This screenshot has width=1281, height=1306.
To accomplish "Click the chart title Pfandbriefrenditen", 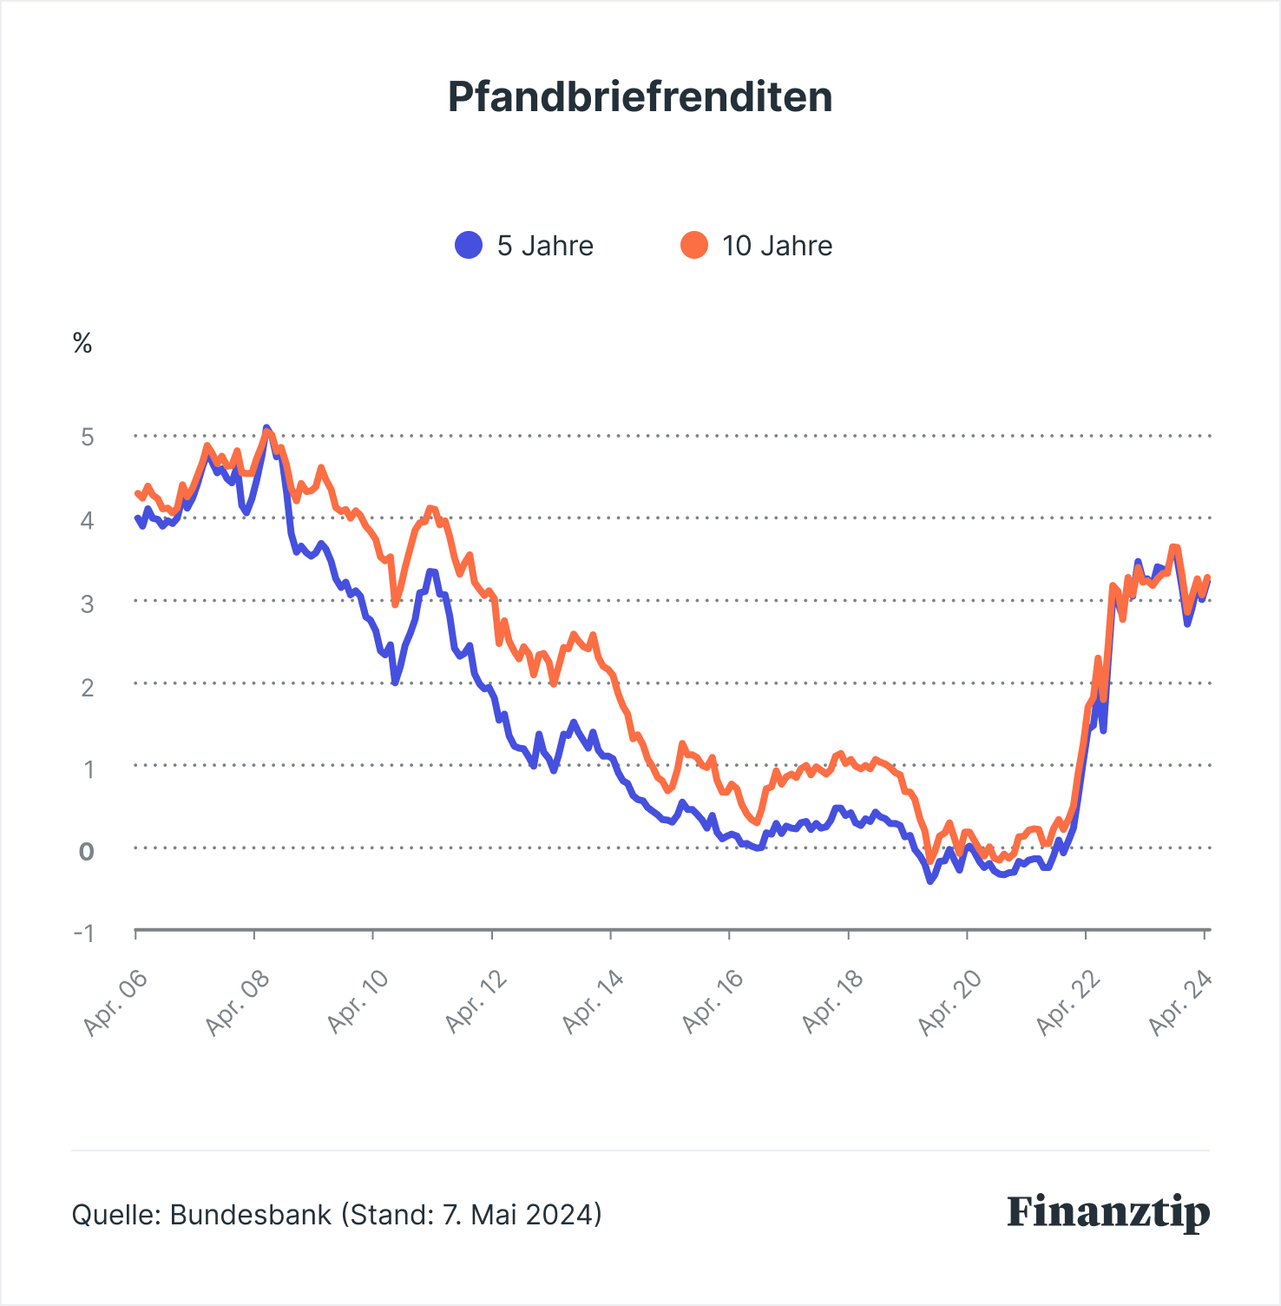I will (640, 96).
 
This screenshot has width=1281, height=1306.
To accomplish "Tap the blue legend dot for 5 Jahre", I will (469, 246).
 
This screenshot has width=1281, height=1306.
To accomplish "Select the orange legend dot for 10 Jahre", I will (694, 246).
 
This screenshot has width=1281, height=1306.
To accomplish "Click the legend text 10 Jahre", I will (777, 246).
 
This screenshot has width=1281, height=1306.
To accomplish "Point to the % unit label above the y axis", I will (82, 344).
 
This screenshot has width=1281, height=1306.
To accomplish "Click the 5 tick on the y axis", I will (87, 436).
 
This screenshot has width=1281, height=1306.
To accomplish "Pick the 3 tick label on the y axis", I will (87, 603).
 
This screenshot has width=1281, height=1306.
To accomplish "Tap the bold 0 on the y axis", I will (86, 851).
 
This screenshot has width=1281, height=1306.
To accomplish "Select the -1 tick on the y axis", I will (84, 933).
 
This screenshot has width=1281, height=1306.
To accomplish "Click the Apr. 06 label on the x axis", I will (115, 1003).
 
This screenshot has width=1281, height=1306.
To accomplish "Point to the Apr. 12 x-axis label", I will (476, 1003).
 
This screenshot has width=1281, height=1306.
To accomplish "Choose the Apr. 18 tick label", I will (832, 1003).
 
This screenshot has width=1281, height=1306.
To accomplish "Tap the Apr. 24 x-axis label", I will (1179, 1003).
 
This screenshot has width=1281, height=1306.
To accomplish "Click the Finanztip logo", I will (1108, 1211).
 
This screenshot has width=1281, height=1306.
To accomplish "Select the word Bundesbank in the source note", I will (251, 1214).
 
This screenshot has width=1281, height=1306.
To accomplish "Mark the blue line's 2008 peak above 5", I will (266, 429).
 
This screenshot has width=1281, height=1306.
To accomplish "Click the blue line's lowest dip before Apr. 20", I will (930, 881).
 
